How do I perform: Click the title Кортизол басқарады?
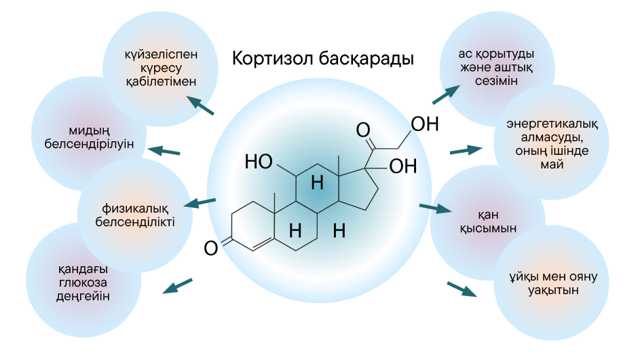point(322,58)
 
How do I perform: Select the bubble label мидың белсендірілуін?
point(90,137)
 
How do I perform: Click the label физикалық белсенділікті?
point(136,215)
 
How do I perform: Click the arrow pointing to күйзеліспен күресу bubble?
point(200,105)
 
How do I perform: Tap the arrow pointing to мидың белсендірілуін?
point(165,150)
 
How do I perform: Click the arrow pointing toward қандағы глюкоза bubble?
point(177,286)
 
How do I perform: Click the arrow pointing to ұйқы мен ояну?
point(462,289)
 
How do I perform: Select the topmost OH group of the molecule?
point(425,124)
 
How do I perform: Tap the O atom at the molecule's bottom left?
point(211,249)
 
